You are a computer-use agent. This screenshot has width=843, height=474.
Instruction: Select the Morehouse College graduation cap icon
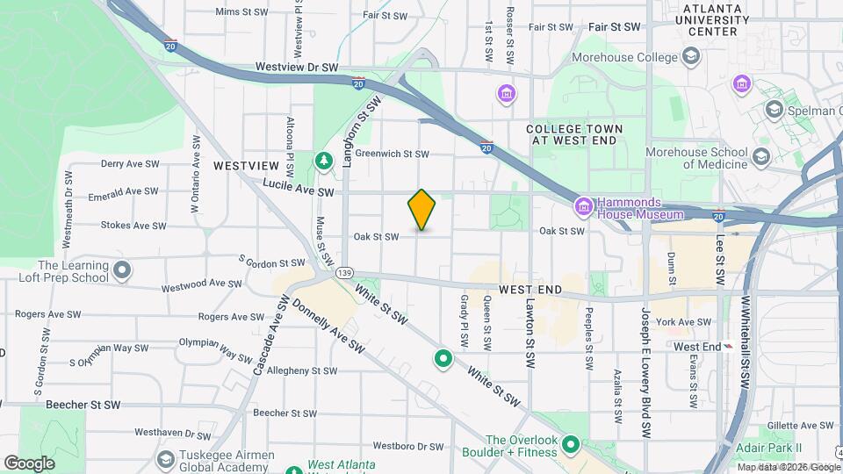[x=690, y=57]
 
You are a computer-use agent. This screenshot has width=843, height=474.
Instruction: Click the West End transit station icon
[x=727, y=347]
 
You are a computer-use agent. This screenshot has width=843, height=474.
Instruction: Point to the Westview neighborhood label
[x=246, y=165]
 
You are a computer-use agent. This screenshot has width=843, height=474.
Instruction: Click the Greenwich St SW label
[x=392, y=154]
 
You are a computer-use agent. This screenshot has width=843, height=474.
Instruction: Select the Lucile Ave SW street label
[x=299, y=190]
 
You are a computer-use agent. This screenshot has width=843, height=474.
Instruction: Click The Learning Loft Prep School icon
[x=122, y=270]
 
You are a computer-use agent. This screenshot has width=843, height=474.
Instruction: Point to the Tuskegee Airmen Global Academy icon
[x=166, y=460]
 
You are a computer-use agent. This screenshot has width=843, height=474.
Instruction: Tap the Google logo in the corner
[x=29, y=463]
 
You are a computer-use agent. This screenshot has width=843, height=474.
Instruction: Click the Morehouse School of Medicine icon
[x=760, y=157]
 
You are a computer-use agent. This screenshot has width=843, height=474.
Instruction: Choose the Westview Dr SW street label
[x=297, y=67]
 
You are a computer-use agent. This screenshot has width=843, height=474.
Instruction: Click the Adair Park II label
[x=771, y=448]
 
